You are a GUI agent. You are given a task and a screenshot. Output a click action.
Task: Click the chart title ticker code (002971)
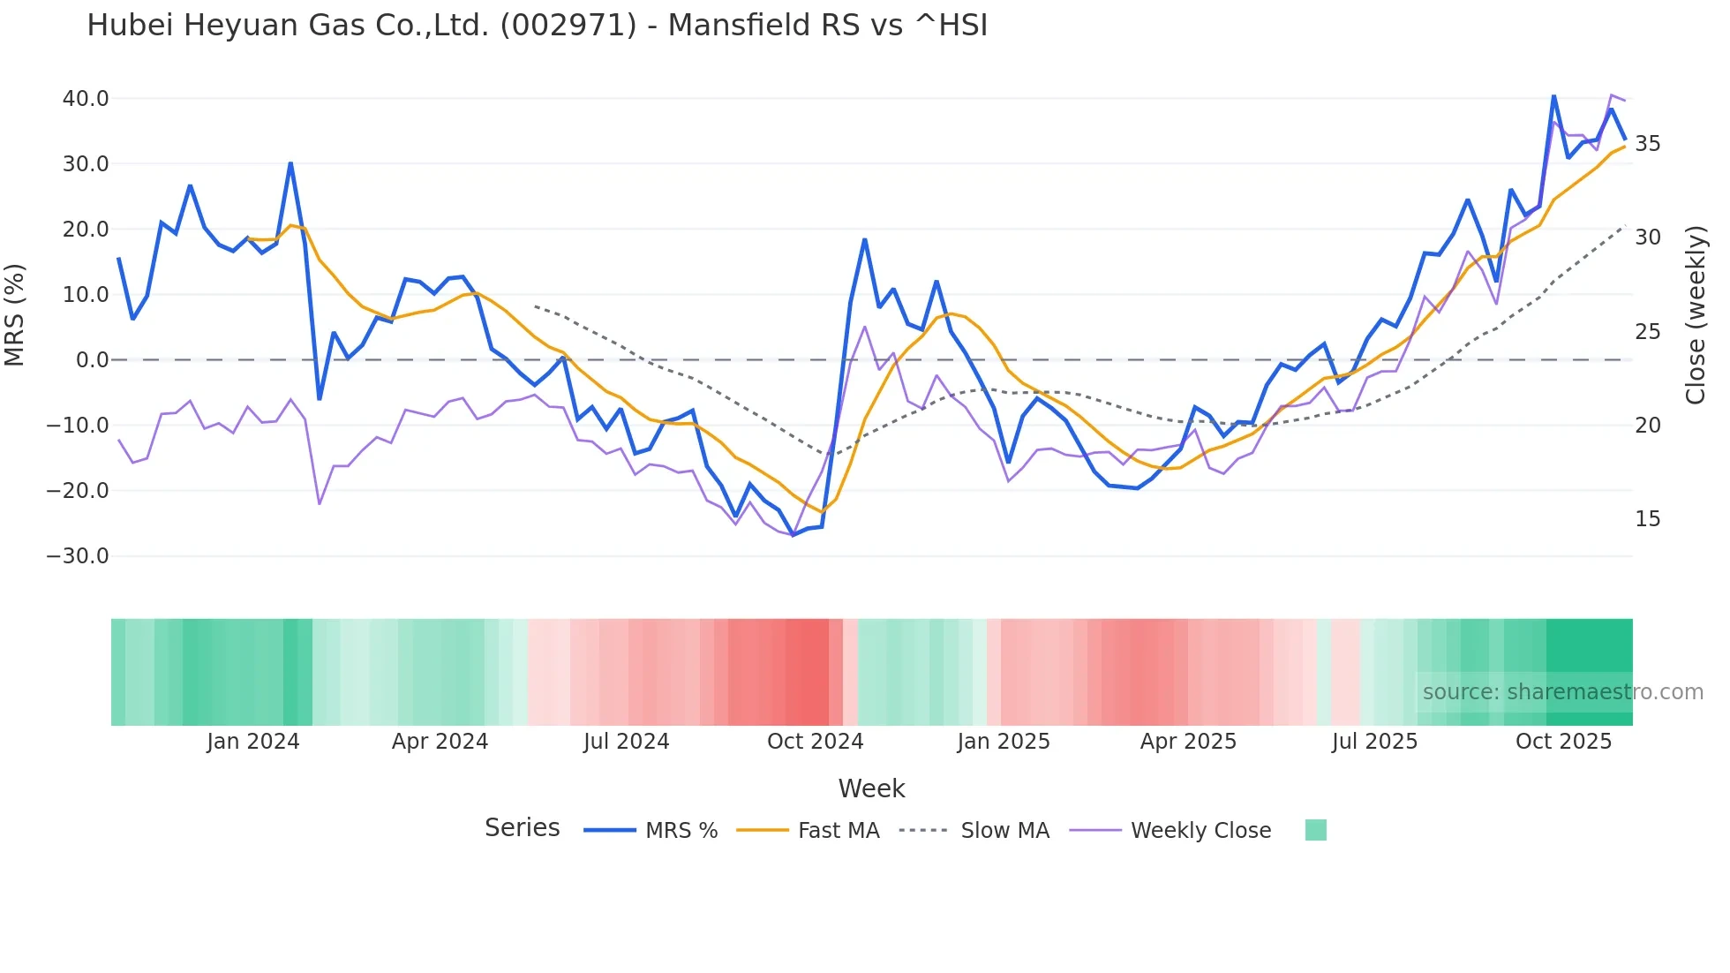pyautogui.click(x=568, y=25)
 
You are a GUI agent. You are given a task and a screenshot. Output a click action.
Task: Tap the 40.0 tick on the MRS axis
pyautogui.click(x=86, y=98)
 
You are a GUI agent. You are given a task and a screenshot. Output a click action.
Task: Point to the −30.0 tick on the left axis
pyautogui.click(x=78, y=556)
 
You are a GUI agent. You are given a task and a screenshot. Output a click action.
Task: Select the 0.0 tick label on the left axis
pyautogui.click(x=93, y=360)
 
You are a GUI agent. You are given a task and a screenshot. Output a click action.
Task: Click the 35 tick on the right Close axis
pyautogui.click(x=1648, y=143)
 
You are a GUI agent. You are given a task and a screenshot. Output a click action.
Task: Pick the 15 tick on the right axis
pyautogui.click(x=1648, y=519)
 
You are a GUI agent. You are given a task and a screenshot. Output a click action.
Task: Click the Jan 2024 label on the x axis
pyautogui.click(x=253, y=742)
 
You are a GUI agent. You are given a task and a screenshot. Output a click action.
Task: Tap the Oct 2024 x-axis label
pyautogui.click(x=815, y=742)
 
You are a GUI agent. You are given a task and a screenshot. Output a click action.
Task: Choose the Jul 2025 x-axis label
pyautogui.click(x=1374, y=742)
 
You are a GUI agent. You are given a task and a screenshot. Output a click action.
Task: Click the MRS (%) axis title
pyautogui.click(x=15, y=315)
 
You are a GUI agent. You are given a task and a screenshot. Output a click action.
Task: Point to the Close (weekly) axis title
pyautogui.click(x=1696, y=315)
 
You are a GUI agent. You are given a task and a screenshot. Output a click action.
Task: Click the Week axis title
pyautogui.click(x=871, y=788)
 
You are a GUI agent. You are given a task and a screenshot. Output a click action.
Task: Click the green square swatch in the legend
pyautogui.click(x=1315, y=830)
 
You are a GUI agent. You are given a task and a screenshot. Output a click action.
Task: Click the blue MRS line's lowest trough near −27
pyautogui.click(x=793, y=534)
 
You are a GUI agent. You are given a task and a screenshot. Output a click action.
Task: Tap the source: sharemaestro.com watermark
pyautogui.click(x=1562, y=692)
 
